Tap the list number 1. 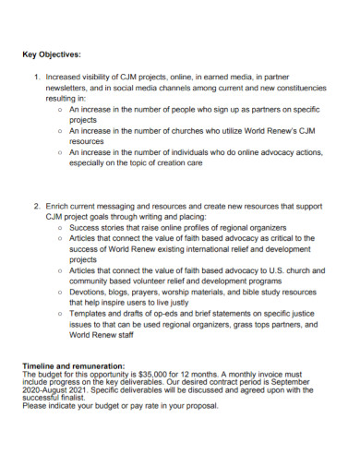click(38, 78)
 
